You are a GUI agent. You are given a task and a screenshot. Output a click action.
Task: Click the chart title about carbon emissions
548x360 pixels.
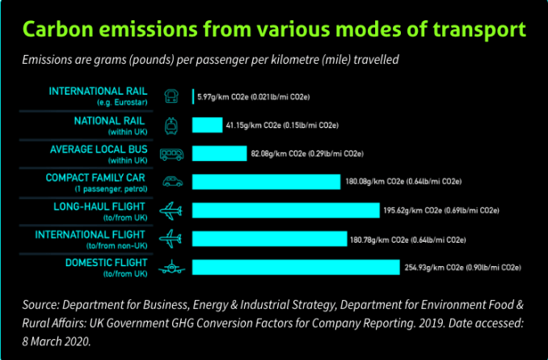274,30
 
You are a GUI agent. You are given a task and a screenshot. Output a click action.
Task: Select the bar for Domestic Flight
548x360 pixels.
296,268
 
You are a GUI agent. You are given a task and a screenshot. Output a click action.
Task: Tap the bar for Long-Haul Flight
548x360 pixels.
286,210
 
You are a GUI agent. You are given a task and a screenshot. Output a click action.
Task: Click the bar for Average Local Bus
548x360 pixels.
219,153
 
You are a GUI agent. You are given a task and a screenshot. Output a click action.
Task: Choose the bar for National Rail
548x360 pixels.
207,125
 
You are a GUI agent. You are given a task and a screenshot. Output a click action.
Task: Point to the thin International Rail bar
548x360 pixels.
193,97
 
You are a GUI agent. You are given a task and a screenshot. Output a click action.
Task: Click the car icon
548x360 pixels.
171,181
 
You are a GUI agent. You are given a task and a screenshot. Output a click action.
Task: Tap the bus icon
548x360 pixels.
171,153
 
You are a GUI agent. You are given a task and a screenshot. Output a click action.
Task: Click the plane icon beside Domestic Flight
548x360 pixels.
171,268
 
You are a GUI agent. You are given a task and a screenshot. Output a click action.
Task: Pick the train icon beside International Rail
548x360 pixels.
171,96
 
